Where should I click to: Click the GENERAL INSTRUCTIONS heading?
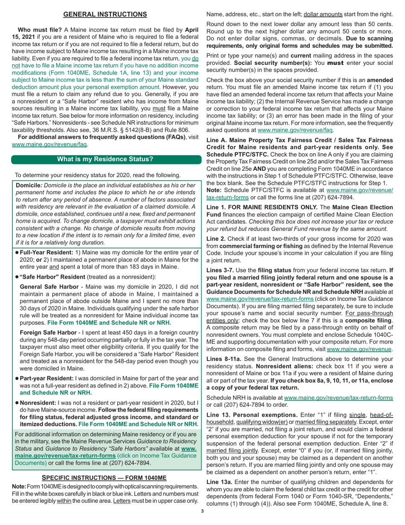[105, 15]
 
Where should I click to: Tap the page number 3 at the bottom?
[202, 519]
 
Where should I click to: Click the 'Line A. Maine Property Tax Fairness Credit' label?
[269, 140]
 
